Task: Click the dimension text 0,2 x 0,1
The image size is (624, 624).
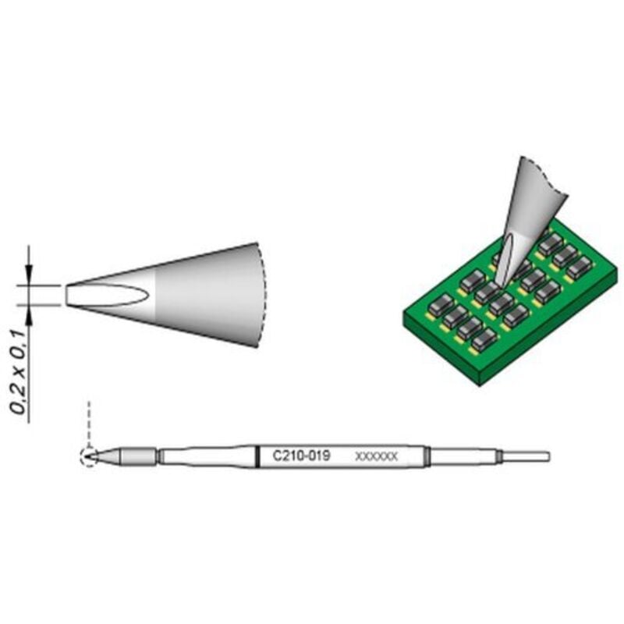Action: pos(22,374)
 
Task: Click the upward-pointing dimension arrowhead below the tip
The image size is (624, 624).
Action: pos(29,314)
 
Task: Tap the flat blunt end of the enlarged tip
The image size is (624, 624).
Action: pos(67,295)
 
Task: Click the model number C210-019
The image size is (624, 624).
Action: pos(300,456)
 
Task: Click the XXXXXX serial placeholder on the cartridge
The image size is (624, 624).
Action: pos(376,456)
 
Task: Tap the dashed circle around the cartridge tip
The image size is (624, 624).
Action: pos(88,456)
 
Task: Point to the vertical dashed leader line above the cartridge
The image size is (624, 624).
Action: pos(89,421)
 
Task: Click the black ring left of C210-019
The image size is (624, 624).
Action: pos(258,456)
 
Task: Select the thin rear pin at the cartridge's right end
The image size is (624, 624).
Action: pos(527,456)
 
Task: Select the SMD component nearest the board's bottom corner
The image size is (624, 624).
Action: pos(484,339)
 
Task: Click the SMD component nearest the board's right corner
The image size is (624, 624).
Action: pos(580,267)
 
